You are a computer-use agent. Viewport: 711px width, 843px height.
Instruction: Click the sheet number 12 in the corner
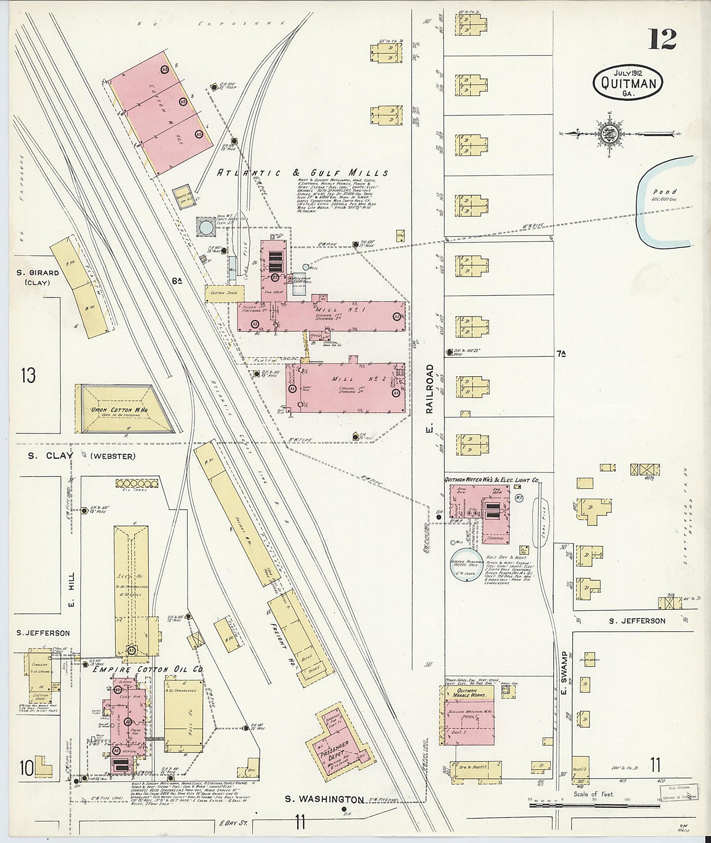pyautogui.click(x=662, y=39)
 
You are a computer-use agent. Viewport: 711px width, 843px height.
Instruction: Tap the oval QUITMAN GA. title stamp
pyautogui.click(x=629, y=83)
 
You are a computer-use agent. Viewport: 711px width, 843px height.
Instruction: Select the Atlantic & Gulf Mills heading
pyautogui.click(x=302, y=173)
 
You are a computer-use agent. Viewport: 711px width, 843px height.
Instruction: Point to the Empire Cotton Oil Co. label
pyautogui.click(x=148, y=669)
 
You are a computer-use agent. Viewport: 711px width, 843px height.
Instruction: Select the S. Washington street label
pyautogui.click(x=325, y=799)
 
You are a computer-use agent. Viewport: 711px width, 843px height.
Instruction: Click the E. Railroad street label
pyautogui.click(x=429, y=389)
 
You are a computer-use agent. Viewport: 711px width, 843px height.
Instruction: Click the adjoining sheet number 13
pyautogui.click(x=28, y=376)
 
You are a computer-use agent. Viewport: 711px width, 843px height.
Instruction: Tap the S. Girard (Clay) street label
pyautogui.click(x=37, y=277)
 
